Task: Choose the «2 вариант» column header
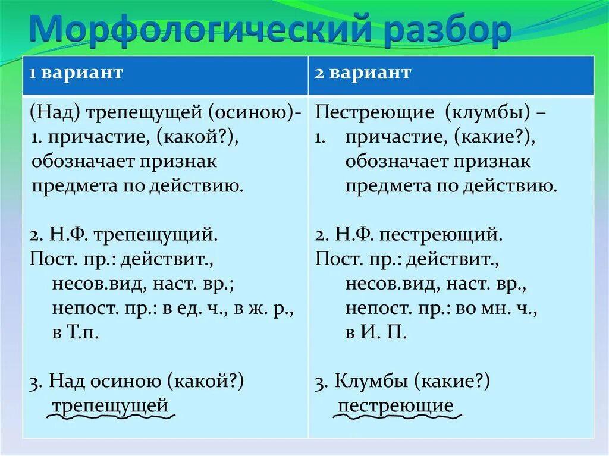point(363,73)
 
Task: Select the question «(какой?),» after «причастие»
point(198,137)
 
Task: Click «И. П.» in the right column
point(375,332)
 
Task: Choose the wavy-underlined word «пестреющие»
point(395,406)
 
